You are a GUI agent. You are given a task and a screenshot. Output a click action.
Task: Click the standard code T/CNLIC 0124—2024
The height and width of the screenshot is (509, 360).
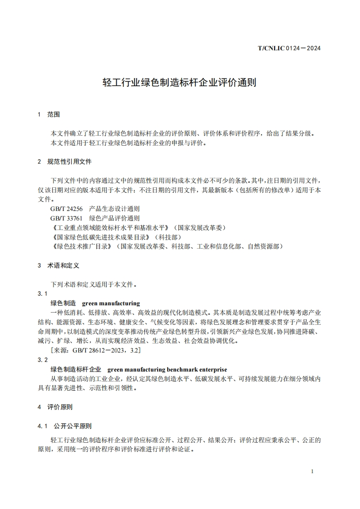point(289,48)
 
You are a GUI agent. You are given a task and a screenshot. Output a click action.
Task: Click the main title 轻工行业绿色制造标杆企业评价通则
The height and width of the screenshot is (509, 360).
point(180,83)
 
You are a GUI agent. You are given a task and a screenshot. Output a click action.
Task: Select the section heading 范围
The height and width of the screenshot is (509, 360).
point(54,114)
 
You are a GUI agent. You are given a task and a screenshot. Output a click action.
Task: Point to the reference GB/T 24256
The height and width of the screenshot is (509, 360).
point(67,209)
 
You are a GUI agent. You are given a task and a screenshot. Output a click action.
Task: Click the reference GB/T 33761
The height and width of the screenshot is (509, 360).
point(67,218)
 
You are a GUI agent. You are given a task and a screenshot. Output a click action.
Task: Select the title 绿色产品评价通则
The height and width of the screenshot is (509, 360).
point(114,218)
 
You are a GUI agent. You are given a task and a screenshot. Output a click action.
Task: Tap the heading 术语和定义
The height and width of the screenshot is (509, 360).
point(63,265)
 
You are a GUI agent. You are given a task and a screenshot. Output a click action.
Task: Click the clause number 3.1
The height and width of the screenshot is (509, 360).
point(43,294)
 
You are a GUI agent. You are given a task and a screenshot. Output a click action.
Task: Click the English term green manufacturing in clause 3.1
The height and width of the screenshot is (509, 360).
point(111,303)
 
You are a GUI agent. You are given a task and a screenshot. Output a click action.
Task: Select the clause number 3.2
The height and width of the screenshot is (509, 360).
point(43,360)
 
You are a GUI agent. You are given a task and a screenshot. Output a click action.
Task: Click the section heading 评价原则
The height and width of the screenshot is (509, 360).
point(60,407)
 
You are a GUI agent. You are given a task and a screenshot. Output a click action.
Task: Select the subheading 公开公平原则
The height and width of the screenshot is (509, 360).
point(73,426)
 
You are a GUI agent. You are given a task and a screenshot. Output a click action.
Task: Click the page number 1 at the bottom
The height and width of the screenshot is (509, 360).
point(312,471)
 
